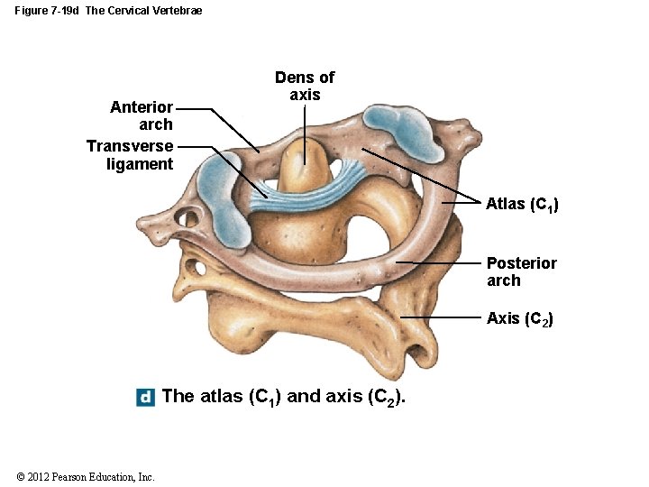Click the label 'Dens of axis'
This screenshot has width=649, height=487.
305,86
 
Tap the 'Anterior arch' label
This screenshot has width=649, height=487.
142,115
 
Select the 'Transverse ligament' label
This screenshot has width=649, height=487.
130,154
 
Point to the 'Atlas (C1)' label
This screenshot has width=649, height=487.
522,205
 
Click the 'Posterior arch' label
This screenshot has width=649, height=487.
521,271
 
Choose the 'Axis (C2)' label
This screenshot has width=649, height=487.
519,318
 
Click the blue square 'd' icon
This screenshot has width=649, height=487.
145,397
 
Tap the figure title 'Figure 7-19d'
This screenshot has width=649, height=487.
46,11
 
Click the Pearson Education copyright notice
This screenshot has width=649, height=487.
86,477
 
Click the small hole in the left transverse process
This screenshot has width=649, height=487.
187,217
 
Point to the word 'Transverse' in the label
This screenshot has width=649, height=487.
130,145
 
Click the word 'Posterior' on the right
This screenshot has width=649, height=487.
521,263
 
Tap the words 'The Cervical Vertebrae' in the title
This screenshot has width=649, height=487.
144,11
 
